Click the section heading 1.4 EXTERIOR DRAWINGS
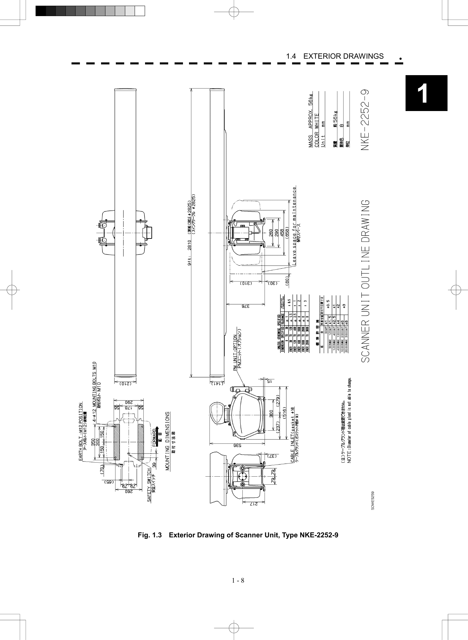pyautogui.click(x=334, y=56)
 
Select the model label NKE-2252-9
pyautogui.click(x=365, y=120)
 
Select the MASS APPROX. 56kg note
pyautogui.click(x=311, y=120)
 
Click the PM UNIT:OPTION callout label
pyautogui.click(x=235, y=352)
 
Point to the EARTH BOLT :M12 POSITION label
pyautogui.click(x=81, y=432)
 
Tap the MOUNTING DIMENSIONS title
pyautogui.click(x=168, y=441)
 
